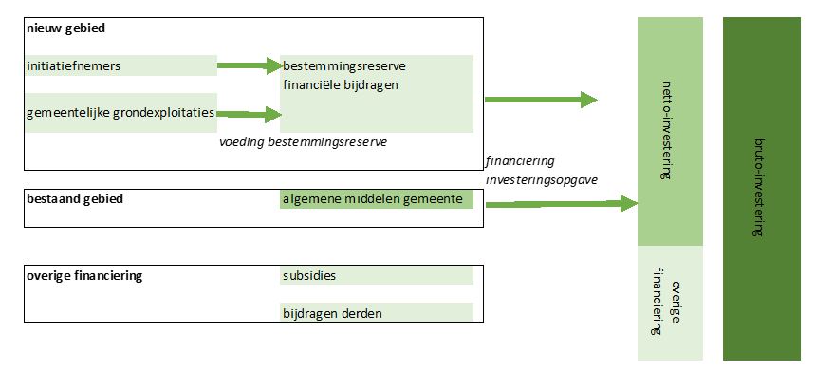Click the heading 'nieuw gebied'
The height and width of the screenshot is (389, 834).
[66, 28]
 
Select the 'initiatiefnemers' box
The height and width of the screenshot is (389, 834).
[121, 65]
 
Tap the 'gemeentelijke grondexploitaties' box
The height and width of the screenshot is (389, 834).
[121, 113]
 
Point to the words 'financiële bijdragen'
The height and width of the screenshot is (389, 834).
[340, 84]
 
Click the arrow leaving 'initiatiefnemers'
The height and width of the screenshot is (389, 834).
[250, 65]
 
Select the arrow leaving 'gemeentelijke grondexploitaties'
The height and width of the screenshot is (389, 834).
[250, 114]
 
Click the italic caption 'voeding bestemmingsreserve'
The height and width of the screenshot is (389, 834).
[303, 141]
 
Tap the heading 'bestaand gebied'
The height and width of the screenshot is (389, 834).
[76, 199]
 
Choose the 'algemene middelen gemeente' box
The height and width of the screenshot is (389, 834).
[376, 199]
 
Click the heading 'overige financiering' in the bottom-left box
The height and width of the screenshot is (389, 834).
[85, 276]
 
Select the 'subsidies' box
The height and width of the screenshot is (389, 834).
[376, 276]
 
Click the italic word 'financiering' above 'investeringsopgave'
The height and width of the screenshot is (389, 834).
[520, 161]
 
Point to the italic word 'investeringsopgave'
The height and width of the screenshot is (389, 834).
[542, 179]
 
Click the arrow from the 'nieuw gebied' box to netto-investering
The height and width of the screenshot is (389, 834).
[541, 100]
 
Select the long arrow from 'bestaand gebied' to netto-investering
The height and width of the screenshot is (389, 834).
[560, 203]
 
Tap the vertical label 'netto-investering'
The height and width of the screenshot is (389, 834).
[670, 132]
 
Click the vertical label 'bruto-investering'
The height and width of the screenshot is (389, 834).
[760, 189]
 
